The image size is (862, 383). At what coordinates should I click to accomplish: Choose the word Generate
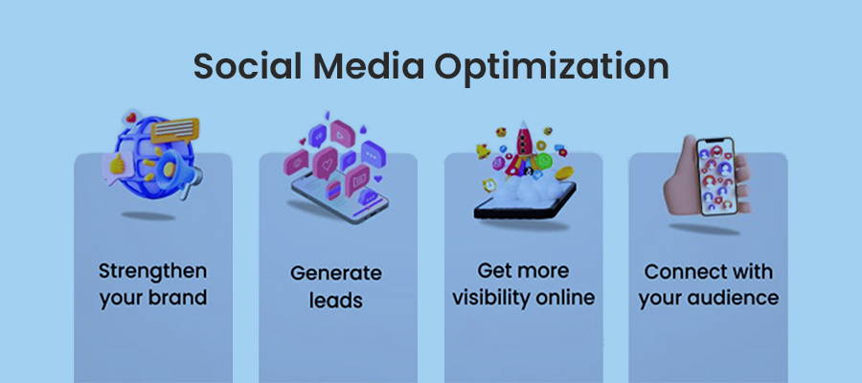(337, 273)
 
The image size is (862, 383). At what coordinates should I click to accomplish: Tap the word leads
(337, 300)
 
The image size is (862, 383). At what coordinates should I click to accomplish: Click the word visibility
(498, 297)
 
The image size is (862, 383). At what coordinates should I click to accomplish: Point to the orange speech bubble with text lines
(174, 129)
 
